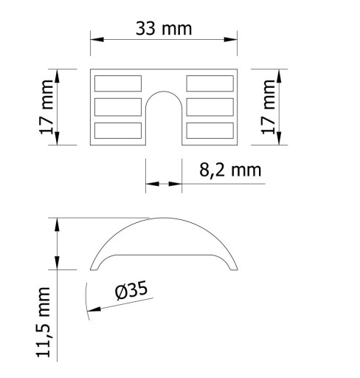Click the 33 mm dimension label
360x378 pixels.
(x=164, y=29)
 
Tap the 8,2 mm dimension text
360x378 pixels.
(x=230, y=170)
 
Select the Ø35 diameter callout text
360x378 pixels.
(x=131, y=290)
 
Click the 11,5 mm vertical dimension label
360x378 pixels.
(x=44, y=322)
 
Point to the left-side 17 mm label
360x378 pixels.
(x=46, y=107)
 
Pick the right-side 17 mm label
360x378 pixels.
(x=268, y=107)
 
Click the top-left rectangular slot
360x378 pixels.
(x=118, y=83)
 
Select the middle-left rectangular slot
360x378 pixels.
(x=118, y=107)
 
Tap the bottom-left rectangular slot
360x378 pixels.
(x=118, y=131)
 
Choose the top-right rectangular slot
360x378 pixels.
(x=210, y=83)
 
